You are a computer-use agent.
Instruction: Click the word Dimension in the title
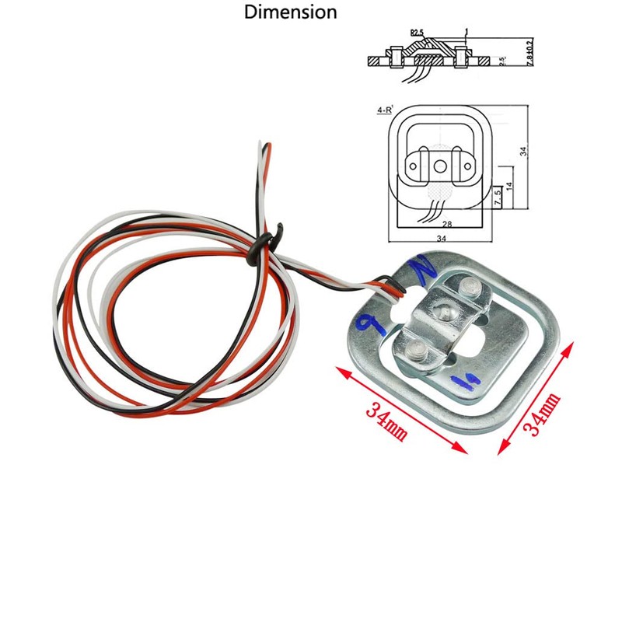click(x=291, y=12)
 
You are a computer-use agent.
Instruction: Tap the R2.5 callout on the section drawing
click(x=417, y=33)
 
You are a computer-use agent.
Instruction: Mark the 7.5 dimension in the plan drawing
click(x=498, y=197)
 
